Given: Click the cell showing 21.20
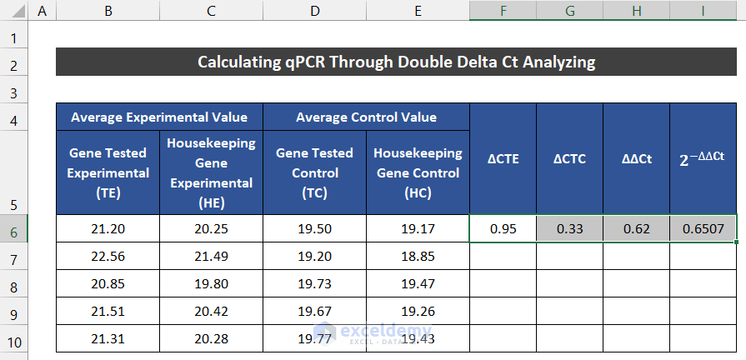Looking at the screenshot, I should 108,228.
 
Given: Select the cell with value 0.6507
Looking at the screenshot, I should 703,228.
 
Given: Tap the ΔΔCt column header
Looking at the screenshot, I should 636,158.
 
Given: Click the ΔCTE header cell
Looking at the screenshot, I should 503,158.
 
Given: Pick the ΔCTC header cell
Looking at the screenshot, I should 569,158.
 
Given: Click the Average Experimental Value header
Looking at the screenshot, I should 159,117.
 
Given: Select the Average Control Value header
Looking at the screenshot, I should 366,117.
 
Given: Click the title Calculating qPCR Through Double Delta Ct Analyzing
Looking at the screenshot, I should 396,62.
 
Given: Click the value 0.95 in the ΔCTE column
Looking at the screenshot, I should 503,228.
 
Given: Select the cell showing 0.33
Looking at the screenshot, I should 569,228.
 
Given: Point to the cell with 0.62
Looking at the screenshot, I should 636,228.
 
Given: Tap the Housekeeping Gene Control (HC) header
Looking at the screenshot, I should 418,172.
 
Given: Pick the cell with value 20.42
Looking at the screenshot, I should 211,311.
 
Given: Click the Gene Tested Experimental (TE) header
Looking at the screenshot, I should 108,172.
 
